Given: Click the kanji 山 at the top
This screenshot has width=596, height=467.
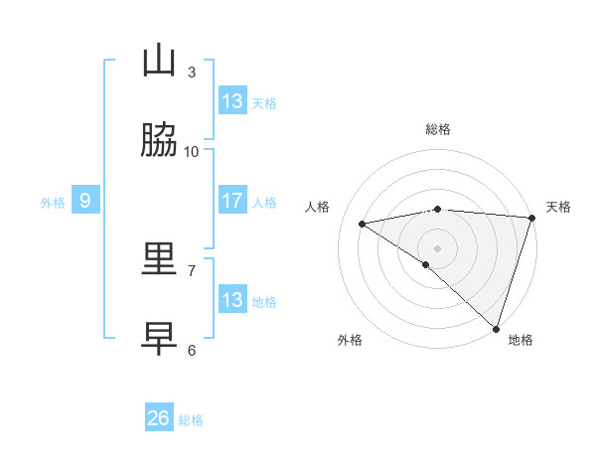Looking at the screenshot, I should pyautogui.click(x=159, y=61).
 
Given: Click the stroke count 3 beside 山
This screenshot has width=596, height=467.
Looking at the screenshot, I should pyautogui.click(x=192, y=72).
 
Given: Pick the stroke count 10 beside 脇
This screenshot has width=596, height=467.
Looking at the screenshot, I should pyautogui.click(x=192, y=151).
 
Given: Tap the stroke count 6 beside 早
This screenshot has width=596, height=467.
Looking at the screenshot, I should pyautogui.click(x=192, y=350).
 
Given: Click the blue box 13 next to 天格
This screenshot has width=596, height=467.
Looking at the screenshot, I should pyautogui.click(x=232, y=100).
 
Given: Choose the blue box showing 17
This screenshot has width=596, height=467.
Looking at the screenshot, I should pyautogui.click(x=232, y=200).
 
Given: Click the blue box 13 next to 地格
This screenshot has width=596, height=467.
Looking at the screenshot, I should pyautogui.click(x=232, y=299).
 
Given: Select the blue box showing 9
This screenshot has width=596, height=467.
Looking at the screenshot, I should pyautogui.click(x=85, y=201).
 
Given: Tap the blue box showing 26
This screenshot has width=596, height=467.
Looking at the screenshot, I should pyautogui.click(x=159, y=418).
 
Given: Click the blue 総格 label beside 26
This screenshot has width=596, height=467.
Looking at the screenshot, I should pyautogui.click(x=192, y=420).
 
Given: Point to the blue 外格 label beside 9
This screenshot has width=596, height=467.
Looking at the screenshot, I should pyautogui.click(x=53, y=203).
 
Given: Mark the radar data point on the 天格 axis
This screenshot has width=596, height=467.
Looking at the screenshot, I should pyautogui.click(x=532, y=218).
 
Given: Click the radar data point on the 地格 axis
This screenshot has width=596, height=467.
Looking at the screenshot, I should pyautogui.click(x=496, y=329).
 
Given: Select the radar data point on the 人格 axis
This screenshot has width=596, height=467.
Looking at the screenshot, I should pyautogui.click(x=363, y=224).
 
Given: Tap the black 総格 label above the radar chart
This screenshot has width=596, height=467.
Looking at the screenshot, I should pyautogui.click(x=438, y=129).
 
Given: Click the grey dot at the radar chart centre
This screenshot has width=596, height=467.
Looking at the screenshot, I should pyautogui.click(x=437, y=247).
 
